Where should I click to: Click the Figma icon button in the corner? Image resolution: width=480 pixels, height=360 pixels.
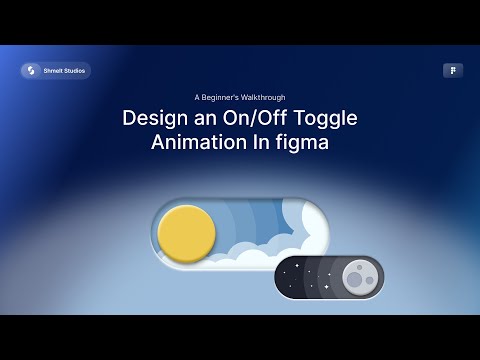tap(453, 71)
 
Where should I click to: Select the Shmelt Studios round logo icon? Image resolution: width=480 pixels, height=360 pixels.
tap(31, 71)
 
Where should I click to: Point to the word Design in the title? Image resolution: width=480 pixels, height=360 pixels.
tap(152, 118)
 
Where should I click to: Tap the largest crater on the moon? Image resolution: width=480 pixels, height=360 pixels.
tap(354, 281)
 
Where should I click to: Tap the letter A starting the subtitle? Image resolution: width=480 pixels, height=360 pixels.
tap(198, 97)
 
